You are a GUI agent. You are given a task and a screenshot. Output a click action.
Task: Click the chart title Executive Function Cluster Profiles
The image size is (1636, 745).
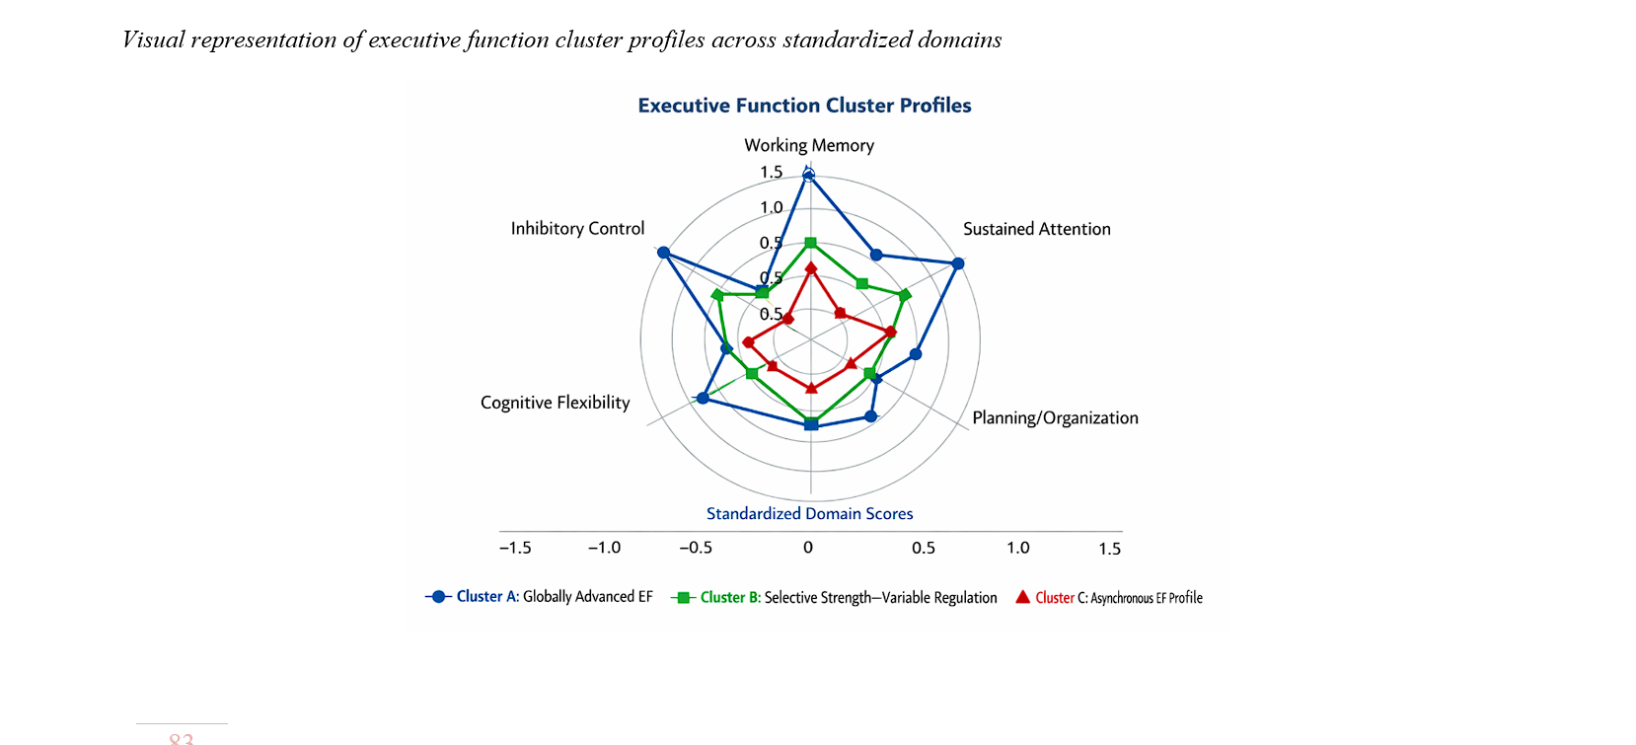tap(804, 106)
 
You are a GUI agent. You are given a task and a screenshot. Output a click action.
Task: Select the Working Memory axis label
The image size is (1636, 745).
tap(809, 145)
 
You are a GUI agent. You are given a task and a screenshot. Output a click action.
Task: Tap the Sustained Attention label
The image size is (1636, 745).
tap(1036, 229)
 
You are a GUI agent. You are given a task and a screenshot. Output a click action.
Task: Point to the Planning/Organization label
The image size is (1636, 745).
tap(1055, 417)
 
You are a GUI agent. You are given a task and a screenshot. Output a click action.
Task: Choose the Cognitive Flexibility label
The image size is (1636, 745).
tap(555, 403)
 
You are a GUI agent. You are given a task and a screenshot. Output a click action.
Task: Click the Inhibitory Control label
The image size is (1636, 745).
tap(577, 229)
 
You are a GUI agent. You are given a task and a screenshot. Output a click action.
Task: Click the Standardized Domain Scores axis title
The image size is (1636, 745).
tap(809, 513)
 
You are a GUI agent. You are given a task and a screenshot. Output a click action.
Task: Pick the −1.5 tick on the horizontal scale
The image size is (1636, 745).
tap(515, 548)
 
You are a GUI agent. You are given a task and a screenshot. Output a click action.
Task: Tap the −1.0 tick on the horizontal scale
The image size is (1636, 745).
tap(604, 548)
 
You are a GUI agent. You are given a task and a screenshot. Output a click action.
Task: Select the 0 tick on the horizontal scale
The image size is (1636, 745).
tap(808, 548)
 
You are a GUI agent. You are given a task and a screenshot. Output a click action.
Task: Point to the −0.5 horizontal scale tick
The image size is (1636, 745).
tap(696, 548)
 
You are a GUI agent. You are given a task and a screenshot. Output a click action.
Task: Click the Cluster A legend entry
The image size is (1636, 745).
tap(539, 597)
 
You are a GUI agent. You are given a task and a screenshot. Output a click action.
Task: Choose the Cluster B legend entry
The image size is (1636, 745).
tap(834, 598)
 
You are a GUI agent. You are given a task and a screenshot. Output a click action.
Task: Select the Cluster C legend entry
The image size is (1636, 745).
tap(1109, 598)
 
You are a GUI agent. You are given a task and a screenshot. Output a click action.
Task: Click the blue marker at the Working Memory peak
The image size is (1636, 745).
tap(809, 176)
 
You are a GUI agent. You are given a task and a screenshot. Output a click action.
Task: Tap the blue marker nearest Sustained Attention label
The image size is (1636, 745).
tap(957, 263)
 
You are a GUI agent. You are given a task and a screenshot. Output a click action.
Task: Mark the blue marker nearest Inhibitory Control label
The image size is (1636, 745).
tap(663, 253)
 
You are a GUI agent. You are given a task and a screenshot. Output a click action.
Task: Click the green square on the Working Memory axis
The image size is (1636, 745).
tap(810, 243)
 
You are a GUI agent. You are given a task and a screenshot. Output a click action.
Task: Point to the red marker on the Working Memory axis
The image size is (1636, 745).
tap(810, 267)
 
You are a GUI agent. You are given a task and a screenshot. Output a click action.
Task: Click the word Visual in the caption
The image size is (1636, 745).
tap(153, 39)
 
